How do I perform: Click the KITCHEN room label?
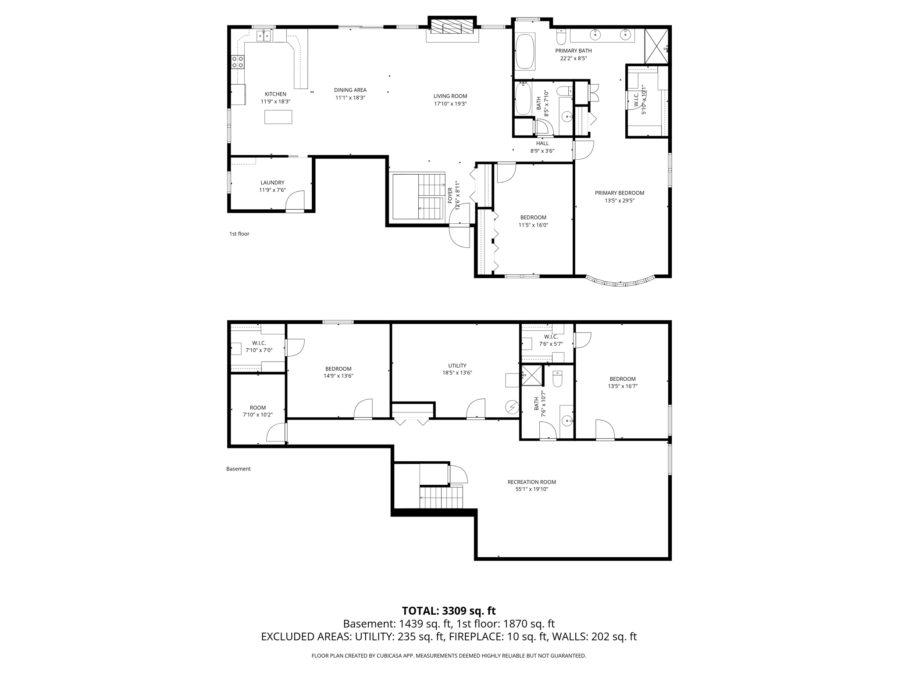click(275, 94)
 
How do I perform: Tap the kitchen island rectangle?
click(278, 117)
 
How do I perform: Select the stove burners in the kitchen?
click(238, 62)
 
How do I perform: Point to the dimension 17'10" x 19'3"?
click(450, 104)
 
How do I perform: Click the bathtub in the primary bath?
click(524, 52)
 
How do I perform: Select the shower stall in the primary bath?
click(656, 46)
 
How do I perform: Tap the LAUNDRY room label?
click(272, 183)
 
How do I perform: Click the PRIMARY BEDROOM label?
click(619, 193)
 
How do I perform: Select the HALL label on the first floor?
click(542, 143)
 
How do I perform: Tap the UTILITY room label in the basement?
click(457, 366)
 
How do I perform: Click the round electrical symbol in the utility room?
click(512, 407)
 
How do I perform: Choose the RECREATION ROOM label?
click(531, 482)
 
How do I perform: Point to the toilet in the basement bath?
click(557, 379)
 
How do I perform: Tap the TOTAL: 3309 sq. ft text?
click(449, 611)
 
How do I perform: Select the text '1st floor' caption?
click(239, 234)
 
